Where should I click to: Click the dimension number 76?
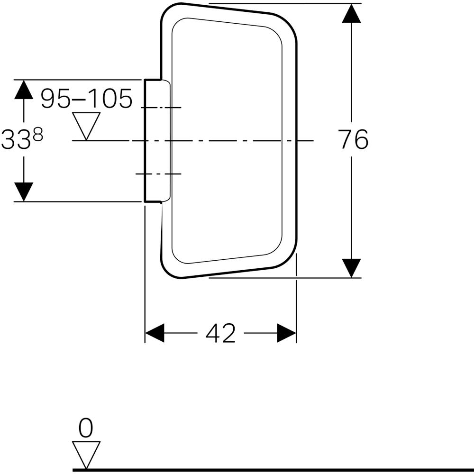coord(354,140)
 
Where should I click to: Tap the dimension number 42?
coord(220,334)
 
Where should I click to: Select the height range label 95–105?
coord(86,99)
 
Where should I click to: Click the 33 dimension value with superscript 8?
coord(22,140)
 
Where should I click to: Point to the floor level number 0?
coord(86,428)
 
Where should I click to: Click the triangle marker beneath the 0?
coord(86,454)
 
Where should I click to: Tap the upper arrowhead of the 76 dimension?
coord(351,14)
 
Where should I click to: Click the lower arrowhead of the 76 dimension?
coord(351,267)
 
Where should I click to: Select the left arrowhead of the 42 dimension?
coord(154,333)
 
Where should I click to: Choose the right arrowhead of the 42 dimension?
coord(287,333)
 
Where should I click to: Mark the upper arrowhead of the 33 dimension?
coord(24,90)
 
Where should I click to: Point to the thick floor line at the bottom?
coord(273,470)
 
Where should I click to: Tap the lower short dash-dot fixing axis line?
coord(158,174)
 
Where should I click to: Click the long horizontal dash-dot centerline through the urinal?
coord(228,140)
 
